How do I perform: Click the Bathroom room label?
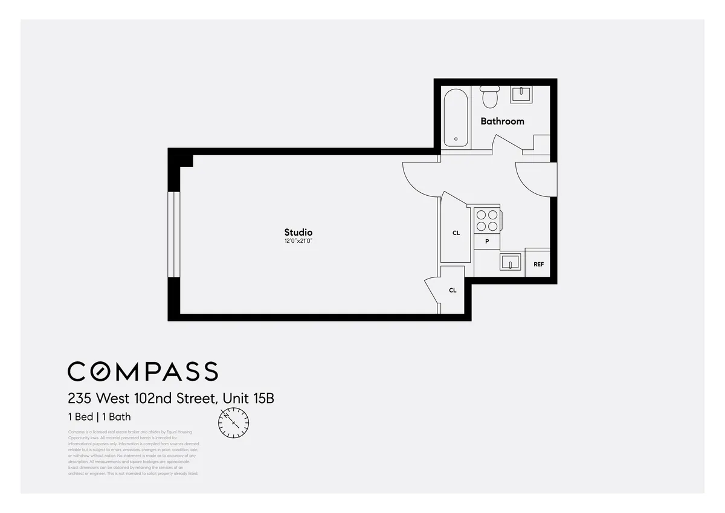pos(502,121)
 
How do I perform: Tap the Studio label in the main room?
pos(298,232)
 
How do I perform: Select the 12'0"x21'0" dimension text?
pos(298,241)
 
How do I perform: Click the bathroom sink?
pos(521,94)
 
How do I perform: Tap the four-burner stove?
pos(486,220)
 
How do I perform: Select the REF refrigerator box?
pos(538,264)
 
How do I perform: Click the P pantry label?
pos(487,241)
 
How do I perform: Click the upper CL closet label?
pos(456,233)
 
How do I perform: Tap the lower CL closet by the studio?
pos(453,291)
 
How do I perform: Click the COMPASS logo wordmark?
pos(143,371)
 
